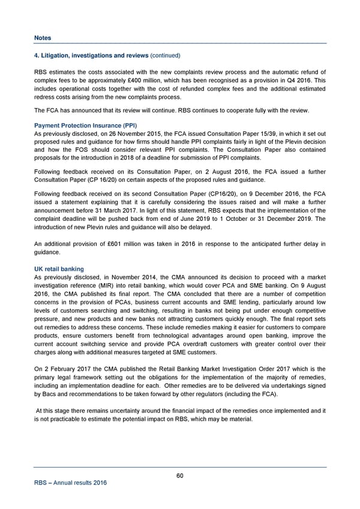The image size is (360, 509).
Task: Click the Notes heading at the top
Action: pyautogui.click(x=43, y=38)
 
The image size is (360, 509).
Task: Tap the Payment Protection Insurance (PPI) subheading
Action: pyautogui.click(x=86, y=125)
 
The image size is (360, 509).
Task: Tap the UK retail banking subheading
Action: pyautogui.click(x=59, y=269)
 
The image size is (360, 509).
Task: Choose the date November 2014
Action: pyautogui.click(x=138, y=277)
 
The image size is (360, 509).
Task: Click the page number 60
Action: pyautogui.click(x=180, y=476)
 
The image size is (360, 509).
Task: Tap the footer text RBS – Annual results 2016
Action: pyautogui.click(x=70, y=484)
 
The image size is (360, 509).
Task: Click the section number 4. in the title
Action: pyautogui.click(x=37, y=56)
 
